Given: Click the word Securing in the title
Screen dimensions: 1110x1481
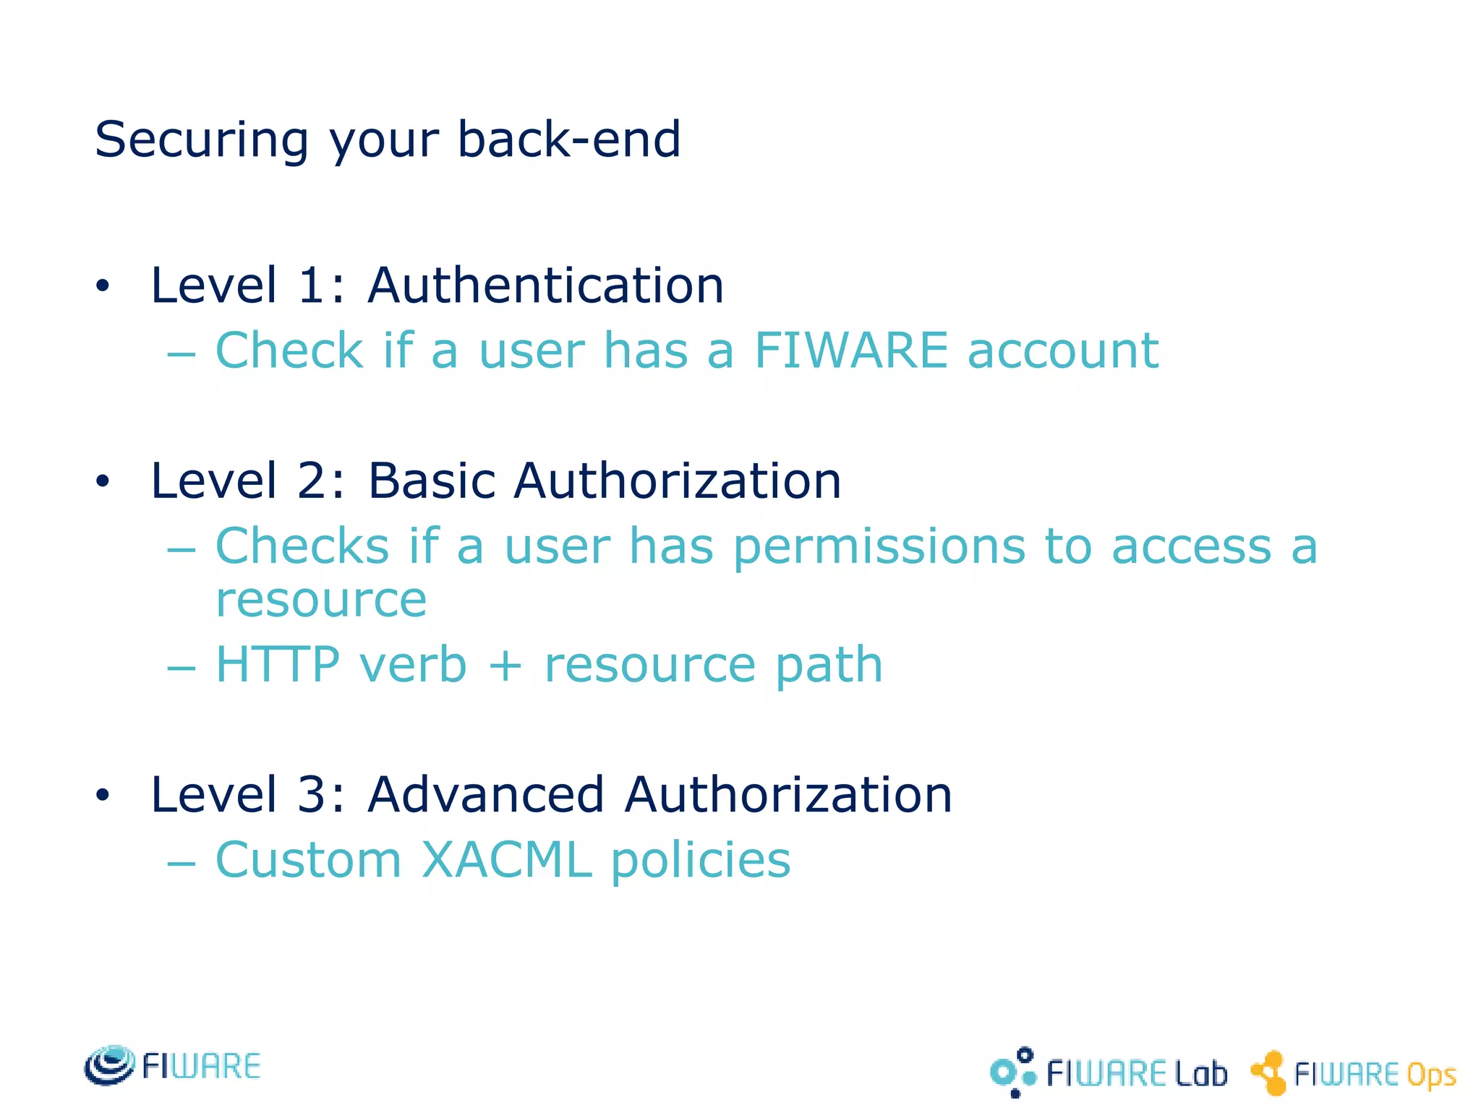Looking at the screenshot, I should pyautogui.click(x=202, y=139).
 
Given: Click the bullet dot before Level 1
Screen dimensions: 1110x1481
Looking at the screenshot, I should pyautogui.click(x=103, y=286).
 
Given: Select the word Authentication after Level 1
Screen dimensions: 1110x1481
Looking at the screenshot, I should pyautogui.click(x=546, y=285).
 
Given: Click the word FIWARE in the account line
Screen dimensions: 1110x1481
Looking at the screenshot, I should pyautogui.click(x=850, y=350).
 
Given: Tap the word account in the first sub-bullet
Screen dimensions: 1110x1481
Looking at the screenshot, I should pyautogui.click(x=1063, y=351).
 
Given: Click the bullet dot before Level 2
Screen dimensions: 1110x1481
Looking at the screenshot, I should pyautogui.click(x=103, y=481).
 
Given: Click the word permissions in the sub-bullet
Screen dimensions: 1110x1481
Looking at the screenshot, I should pyautogui.click(x=879, y=547).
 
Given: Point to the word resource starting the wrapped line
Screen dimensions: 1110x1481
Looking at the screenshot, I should pyautogui.click(x=321, y=600).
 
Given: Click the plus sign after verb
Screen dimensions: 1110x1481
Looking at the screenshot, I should pyautogui.click(x=505, y=666).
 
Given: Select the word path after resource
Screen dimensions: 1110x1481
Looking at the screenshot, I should pyautogui.click(x=829, y=666).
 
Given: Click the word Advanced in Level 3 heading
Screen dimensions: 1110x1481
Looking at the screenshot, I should pyautogui.click(x=486, y=795).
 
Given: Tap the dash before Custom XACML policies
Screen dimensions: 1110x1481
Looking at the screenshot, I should pyautogui.click(x=181, y=864).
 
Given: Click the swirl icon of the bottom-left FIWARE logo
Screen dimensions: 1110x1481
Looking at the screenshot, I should pyautogui.click(x=109, y=1065).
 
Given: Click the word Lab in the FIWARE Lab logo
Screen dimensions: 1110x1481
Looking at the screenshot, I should pyautogui.click(x=1201, y=1074).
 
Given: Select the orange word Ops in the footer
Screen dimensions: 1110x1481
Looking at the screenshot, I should pyautogui.click(x=1431, y=1075).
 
